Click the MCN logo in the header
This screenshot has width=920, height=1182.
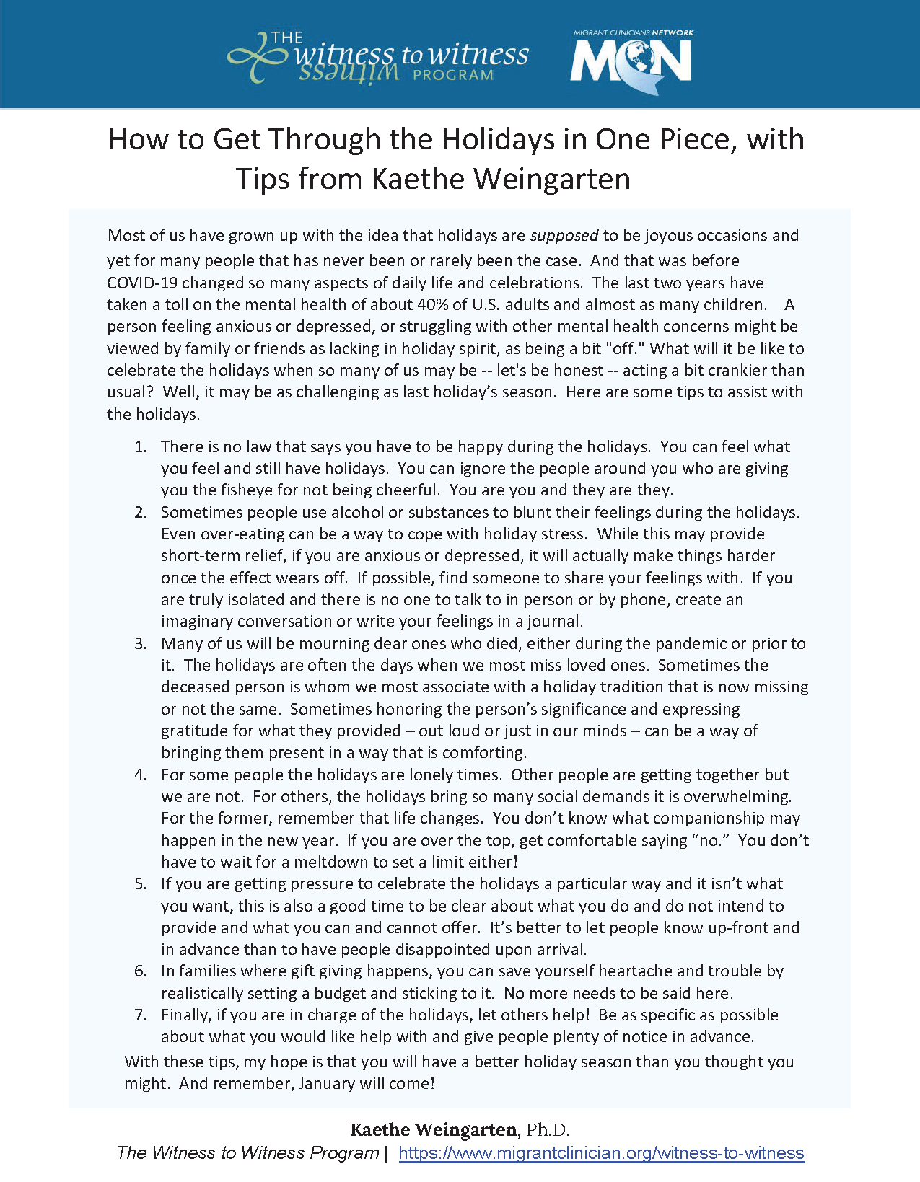[631, 61]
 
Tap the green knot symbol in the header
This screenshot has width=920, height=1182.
[254, 57]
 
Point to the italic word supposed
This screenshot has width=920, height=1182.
[564, 236]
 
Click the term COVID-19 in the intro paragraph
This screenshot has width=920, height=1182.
[141, 283]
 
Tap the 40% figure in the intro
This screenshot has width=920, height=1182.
[433, 304]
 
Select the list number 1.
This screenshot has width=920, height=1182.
[140, 447]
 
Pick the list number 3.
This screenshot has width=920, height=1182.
[140, 644]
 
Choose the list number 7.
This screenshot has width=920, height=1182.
[140, 1015]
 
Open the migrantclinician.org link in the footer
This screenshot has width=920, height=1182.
[601, 1153]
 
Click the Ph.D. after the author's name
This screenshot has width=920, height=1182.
[548, 1130]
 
